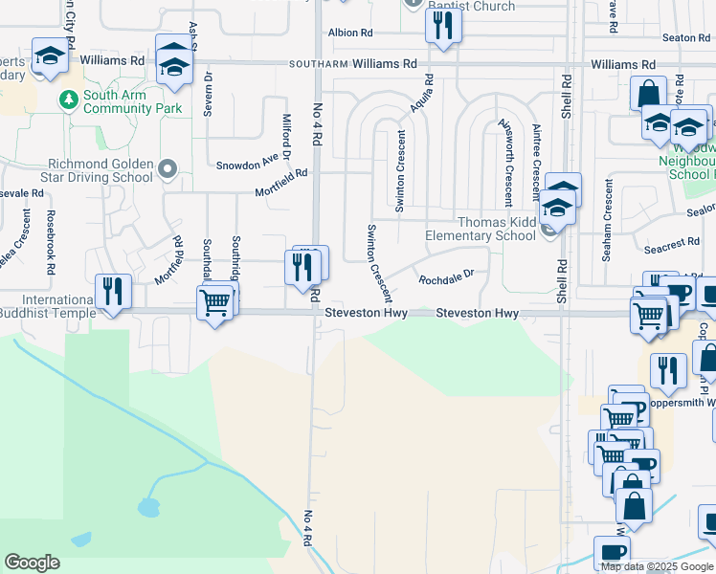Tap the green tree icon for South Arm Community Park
68,99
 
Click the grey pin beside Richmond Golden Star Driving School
168,169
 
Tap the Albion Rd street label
350,33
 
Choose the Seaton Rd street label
684,37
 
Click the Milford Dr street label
285,137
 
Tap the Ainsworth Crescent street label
504,163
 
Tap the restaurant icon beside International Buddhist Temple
113,292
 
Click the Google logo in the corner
32,563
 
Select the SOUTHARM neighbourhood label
318,64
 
